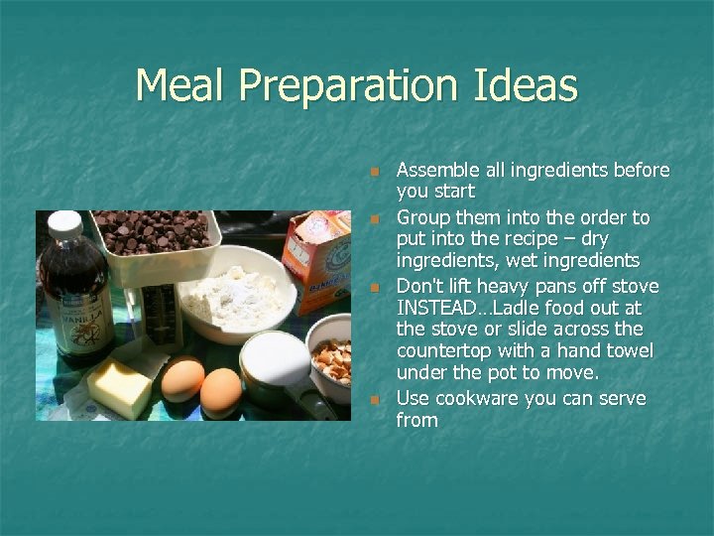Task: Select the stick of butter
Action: pyautogui.click(x=118, y=387)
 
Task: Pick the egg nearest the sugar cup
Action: pyautogui.click(x=220, y=390)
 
